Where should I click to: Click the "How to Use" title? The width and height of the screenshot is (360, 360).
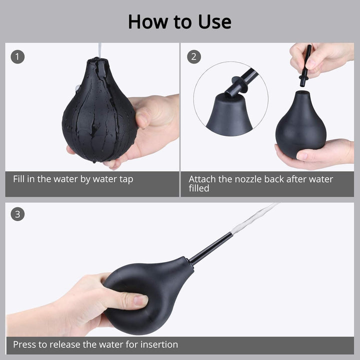tap(179, 21)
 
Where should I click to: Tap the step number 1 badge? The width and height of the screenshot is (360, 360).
tap(17, 56)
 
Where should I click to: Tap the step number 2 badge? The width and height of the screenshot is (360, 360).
tap(194, 56)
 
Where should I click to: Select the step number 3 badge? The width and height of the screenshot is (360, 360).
tap(17, 215)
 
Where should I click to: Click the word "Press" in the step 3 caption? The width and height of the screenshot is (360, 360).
tap(24, 344)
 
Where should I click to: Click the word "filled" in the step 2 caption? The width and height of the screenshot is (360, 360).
tap(199, 189)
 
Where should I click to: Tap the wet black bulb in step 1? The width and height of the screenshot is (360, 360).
tap(98, 117)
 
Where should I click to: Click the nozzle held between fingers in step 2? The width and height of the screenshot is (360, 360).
tap(305, 65)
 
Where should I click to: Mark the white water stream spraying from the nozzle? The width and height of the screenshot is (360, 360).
tap(255, 217)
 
